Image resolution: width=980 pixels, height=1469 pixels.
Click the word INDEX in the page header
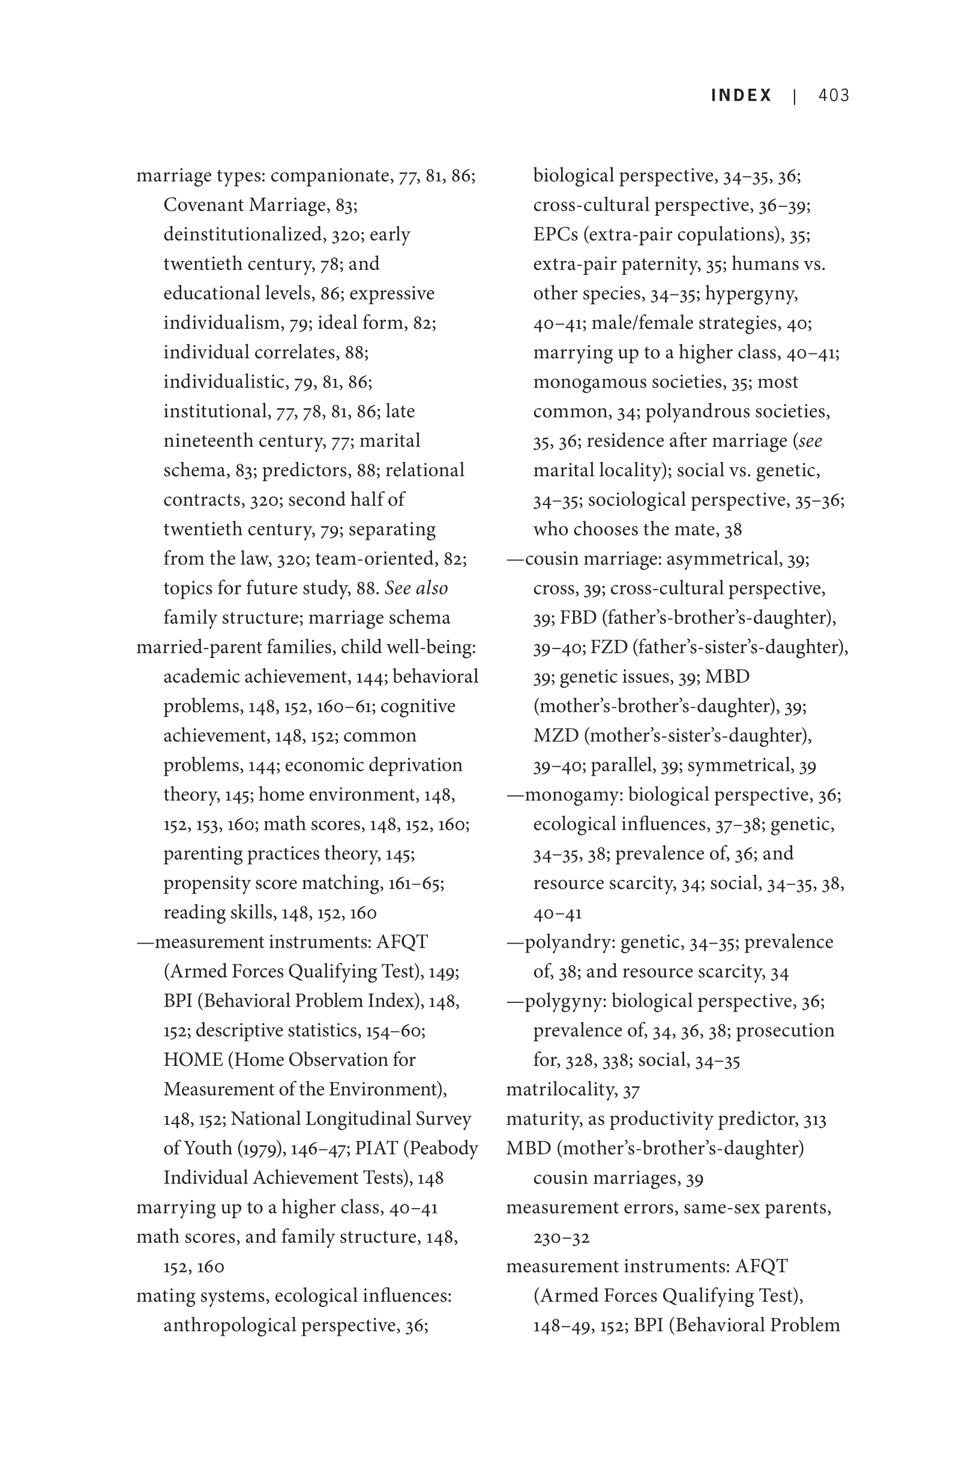point(741,95)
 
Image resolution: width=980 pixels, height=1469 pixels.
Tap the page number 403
point(834,95)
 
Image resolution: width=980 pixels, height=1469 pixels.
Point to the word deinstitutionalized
point(242,235)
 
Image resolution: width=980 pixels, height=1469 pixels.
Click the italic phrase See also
point(416,588)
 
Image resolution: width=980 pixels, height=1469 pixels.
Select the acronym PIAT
point(375,1148)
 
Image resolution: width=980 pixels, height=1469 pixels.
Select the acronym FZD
point(609,647)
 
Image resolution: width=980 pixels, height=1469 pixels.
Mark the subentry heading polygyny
point(563,1001)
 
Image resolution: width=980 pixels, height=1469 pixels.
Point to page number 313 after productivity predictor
point(814,1119)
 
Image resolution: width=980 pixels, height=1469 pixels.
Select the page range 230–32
point(561,1237)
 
